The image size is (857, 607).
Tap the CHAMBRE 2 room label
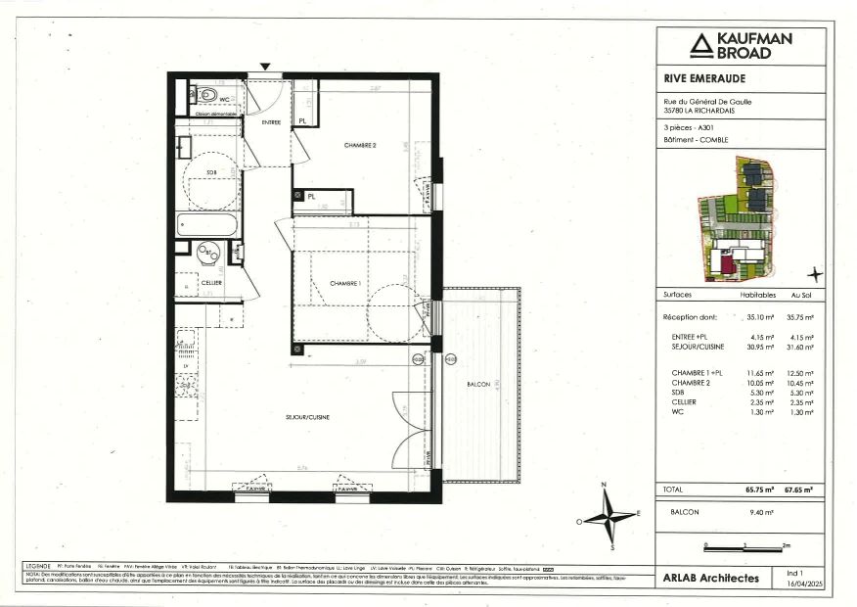point(360,145)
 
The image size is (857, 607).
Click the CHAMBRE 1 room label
point(345,283)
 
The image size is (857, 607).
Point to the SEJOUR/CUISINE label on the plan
point(307,417)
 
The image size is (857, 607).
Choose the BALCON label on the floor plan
point(479,385)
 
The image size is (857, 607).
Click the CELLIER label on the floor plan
point(211,282)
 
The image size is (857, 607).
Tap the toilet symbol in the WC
point(206,96)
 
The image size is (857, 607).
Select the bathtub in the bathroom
point(207,225)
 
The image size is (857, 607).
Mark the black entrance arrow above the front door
point(265,67)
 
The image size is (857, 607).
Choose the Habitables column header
point(758,294)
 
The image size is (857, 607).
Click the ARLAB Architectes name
point(710,579)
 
